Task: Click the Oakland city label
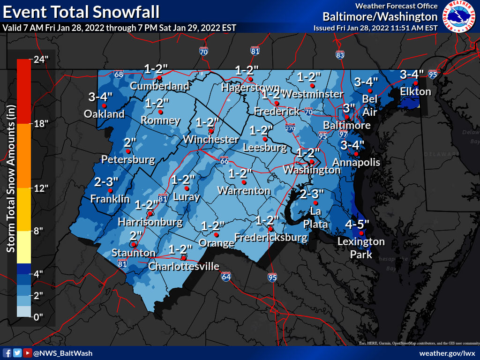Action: pyautogui.click(x=104, y=114)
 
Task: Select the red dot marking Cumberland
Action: pyautogui.click(x=159, y=78)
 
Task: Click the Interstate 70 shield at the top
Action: pyautogui.click(x=203, y=51)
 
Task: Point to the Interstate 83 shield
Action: pyautogui.click(x=340, y=55)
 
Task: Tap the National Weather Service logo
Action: pyautogui.click(x=459, y=16)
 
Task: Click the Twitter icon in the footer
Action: pyautogui.click(x=17, y=353)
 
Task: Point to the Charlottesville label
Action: pyautogui.click(x=184, y=267)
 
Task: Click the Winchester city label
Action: pyautogui.click(x=210, y=139)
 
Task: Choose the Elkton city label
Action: pyautogui.click(x=415, y=91)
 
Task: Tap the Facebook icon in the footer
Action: pyautogui.click(x=7, y=353)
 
